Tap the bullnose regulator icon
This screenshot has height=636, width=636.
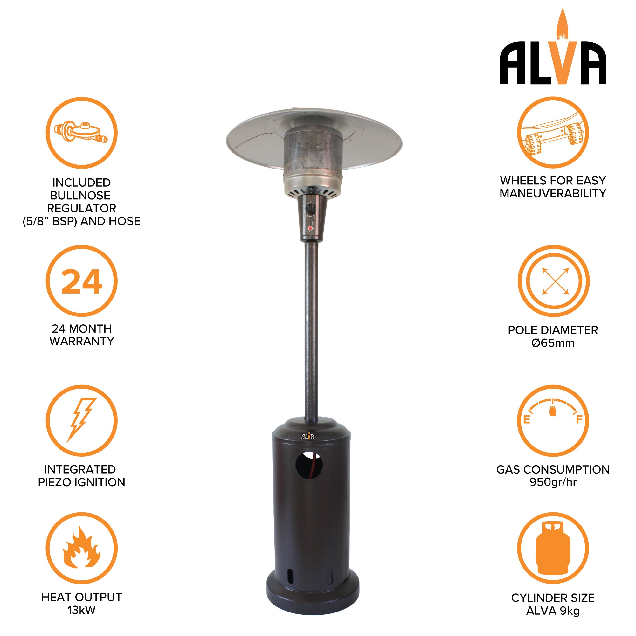pos(81,133)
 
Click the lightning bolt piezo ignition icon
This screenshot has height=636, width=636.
pos(81,420)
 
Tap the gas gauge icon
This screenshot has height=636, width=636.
pos(553,420)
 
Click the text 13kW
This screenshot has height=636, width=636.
pos(81,610)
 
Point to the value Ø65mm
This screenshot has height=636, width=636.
pos(553,343)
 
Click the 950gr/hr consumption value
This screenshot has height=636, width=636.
pos(553,482)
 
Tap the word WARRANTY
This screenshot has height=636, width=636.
pos(82,341)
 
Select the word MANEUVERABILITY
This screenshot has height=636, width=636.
pos(553,193)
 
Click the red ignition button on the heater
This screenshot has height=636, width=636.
pos(310,228)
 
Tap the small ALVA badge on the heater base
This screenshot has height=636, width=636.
pos(308,436)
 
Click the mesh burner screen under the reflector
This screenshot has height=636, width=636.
pos(314,155)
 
